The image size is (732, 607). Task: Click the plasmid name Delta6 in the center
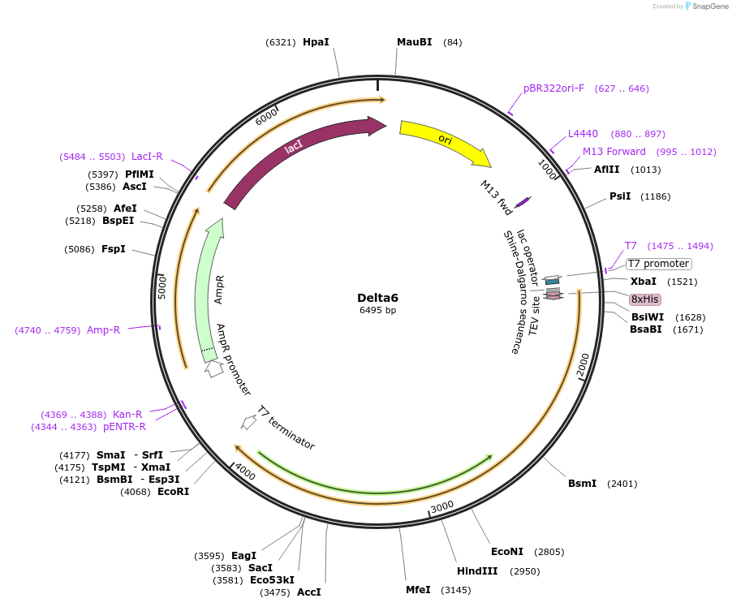tap(377, 297)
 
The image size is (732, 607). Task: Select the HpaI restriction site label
tap(316, 42)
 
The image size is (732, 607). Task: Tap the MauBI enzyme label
tap(414, 42)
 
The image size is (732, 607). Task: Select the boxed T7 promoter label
tap(658, 264)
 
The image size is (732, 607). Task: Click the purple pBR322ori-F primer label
tap(553, 88)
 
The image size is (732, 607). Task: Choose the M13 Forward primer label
tap(614, 152)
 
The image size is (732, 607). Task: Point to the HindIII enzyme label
tap(477, 571)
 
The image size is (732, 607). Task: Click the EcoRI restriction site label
tap(173, 491)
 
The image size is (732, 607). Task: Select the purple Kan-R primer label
tap(127, 415)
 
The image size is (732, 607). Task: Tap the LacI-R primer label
tap(147, 157)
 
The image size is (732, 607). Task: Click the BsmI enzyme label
tap(582, 484)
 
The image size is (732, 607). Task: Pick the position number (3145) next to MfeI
tap(455, 590)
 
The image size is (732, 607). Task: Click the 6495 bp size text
tap(377, 310)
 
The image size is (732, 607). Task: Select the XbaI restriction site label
tap(644, 282)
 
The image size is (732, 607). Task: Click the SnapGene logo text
tap(708, 6)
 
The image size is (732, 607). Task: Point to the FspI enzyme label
tap(114, 249)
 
